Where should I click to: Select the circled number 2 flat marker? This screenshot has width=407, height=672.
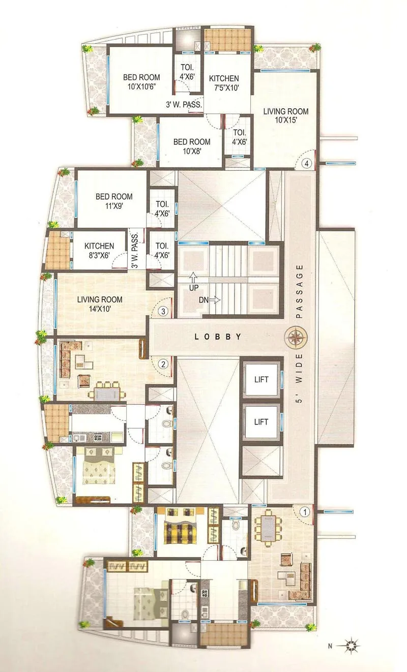coord(163,364)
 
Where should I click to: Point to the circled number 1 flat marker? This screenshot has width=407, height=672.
coord(305,512)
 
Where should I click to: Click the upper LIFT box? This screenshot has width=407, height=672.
coord(261,379)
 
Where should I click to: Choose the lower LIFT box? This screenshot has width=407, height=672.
coord(261,421)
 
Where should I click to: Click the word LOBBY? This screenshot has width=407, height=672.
coord(218,337)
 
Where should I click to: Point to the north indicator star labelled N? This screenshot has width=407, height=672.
coord(351,647)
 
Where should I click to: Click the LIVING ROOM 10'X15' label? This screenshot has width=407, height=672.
coord(285,116)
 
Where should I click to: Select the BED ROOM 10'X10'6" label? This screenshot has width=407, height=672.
coord(141,82)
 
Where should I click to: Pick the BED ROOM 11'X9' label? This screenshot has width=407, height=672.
coord(114,201)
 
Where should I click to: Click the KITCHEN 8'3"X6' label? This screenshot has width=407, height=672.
coord(99,251)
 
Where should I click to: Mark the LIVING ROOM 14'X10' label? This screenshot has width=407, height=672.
coord(100,304)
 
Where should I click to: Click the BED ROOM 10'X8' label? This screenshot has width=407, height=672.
coord(191,146)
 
